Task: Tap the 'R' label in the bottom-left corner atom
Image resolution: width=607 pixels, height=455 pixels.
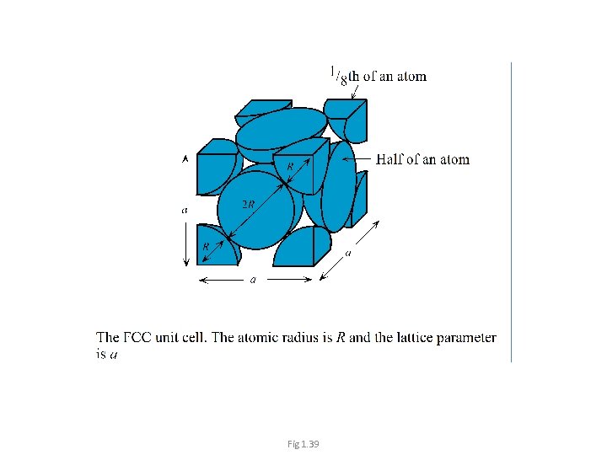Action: coord(206,246)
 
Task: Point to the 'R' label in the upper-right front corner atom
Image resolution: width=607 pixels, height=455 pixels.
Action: coord(290,167)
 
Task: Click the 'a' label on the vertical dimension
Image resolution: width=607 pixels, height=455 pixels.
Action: coord(185,210)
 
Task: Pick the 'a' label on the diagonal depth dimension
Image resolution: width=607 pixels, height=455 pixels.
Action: coord(348,252)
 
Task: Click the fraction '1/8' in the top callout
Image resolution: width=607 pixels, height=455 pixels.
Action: coord(337,76)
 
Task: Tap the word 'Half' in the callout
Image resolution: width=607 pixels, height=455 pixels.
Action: coord(391,159)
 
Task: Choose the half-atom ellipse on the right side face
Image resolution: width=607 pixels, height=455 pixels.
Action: coord(339,187)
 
